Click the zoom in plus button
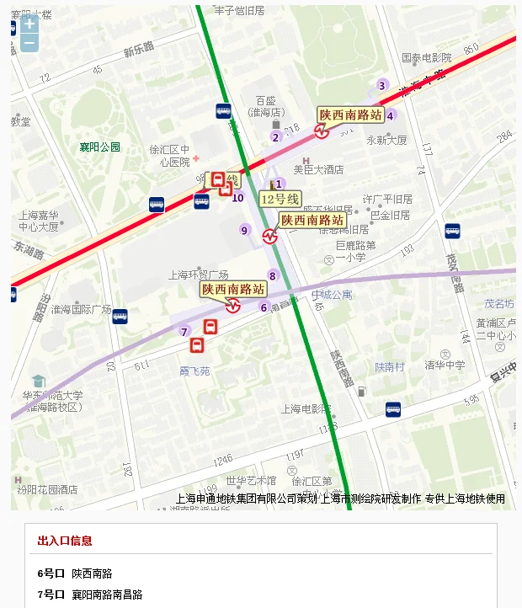29,24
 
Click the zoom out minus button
29,42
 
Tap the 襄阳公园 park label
100,147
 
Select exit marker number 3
381,85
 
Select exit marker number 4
390,116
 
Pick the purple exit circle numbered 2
275,137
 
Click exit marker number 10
238,198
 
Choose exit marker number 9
245,230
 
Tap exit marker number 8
272,275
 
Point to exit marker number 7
184,332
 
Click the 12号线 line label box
280,200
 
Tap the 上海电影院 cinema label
306,409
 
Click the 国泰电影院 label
427,58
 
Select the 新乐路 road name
139,51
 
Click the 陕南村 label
390,367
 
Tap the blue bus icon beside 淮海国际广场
120,317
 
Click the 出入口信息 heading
65,541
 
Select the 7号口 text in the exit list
51,595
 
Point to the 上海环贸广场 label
199,275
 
